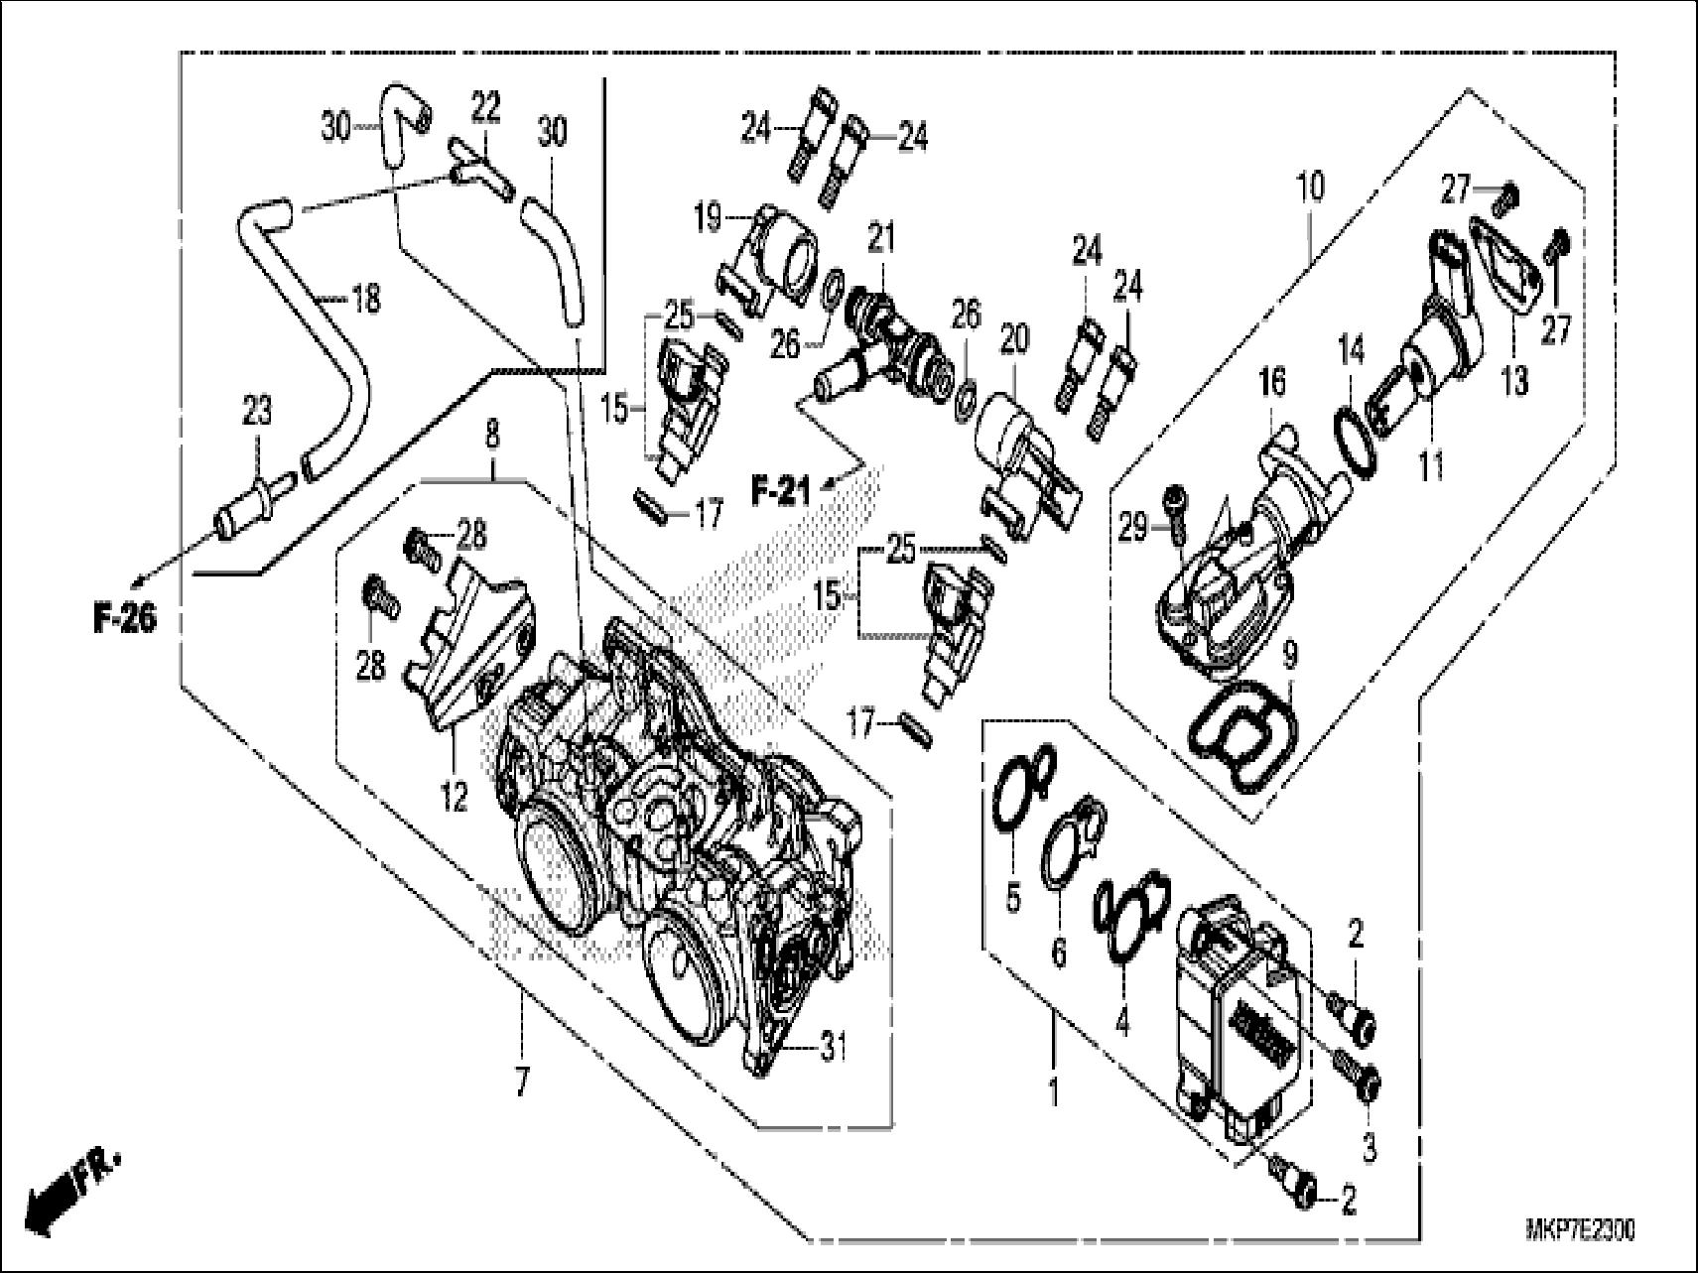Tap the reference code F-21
[780, 490]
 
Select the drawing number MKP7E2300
[1580, 1231]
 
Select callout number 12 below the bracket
[455, 797]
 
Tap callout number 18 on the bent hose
[365, 298]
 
